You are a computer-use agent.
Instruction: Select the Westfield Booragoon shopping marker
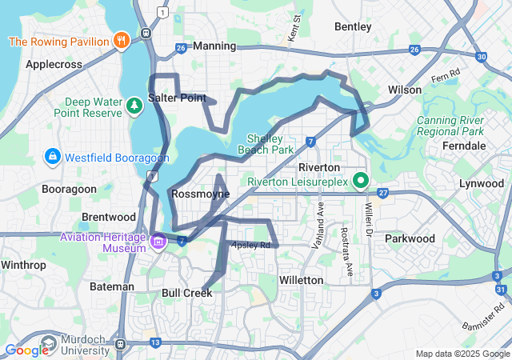52,155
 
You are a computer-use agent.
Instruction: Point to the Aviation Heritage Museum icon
158,240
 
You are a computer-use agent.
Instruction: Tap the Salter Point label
177,98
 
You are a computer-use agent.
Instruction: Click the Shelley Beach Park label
265,143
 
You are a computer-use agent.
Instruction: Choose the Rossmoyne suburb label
200,194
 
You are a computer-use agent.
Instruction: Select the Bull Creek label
187,293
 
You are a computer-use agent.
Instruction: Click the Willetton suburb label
301,280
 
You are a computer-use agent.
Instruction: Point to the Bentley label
353,26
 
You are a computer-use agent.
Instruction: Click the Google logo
27,350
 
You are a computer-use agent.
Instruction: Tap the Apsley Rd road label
250,245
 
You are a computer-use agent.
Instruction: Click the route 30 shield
480,57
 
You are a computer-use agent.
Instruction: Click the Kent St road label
296,28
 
